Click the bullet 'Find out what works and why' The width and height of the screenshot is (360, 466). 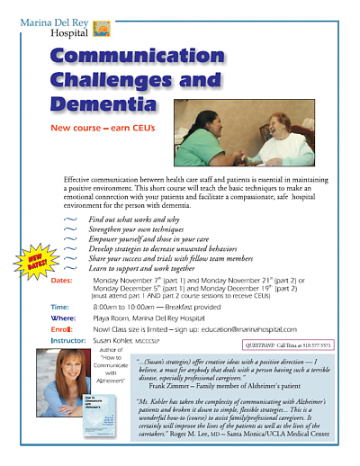(135, 220)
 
